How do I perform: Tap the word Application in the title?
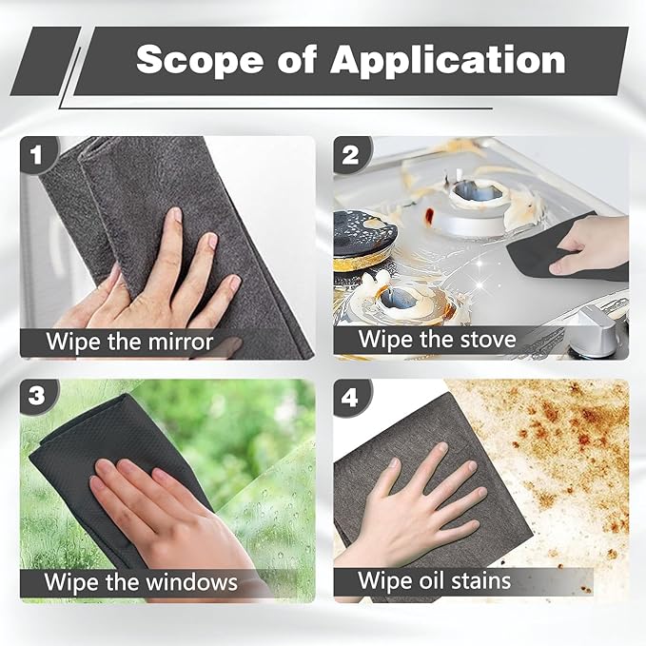click(447, 60)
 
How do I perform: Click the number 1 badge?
click(37, 153)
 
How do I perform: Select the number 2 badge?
click(350, 153)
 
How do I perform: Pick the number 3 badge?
click(37, 397)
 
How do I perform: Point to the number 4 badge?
click(350, 397)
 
